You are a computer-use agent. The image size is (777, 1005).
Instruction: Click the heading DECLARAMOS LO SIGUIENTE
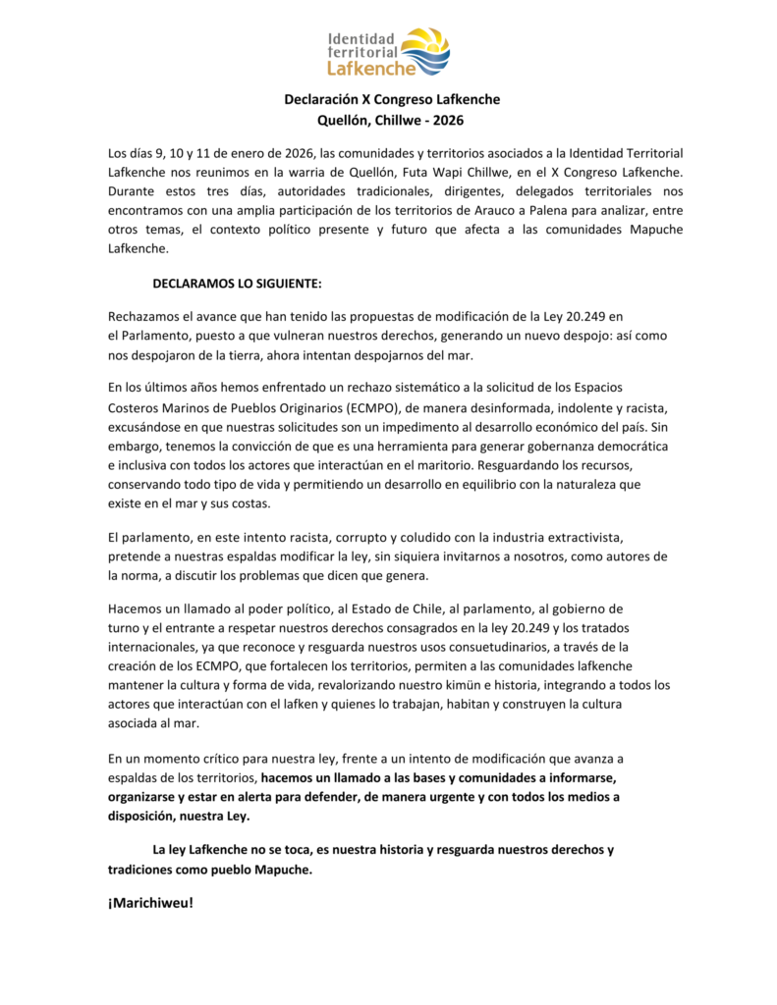click(238, 284)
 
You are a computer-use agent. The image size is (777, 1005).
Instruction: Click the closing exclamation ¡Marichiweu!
click(151, 902)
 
